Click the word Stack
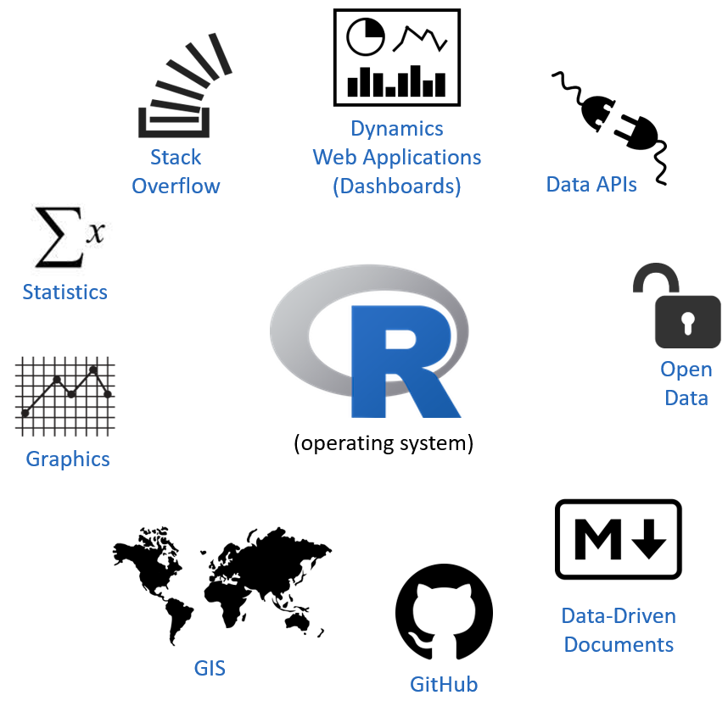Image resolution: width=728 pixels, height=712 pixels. pos(176,157)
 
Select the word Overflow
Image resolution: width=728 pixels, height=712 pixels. pos(176,186)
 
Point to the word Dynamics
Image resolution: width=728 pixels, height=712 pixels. pos(397,129)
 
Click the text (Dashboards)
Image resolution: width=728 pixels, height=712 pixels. pos(397,186)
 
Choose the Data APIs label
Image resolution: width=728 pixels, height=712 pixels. pos(591,184)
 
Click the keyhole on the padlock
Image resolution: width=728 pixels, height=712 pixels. pos(688,322)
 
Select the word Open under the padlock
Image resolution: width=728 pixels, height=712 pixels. pos(686,370)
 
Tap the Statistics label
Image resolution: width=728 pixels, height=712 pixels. pos(65,292)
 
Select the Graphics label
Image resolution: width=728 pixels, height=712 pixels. pos(68,459)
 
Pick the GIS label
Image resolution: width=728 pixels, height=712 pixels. pos(210,668)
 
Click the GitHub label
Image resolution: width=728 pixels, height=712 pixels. pos(444,684)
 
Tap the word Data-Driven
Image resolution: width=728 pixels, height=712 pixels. pos(619,616)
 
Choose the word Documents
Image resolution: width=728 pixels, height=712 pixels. pos(619,644)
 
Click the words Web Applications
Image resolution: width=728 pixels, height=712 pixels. pos(397,158)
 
